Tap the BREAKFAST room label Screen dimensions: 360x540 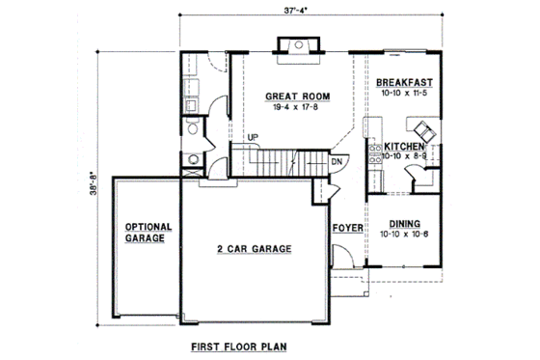pyautogui.click(x=404, y=84)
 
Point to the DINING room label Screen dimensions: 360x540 pyautogui.click(x=404, y=222)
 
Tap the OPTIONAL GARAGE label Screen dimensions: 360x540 pyautogui.click(x=148, y=233)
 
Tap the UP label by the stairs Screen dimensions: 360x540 pyautogui.click(x=253, y=136)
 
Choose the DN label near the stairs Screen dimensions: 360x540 pyautogui.click(x=337, y=162)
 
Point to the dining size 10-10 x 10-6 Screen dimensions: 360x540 pyautogui.click(x=404, y=234)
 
